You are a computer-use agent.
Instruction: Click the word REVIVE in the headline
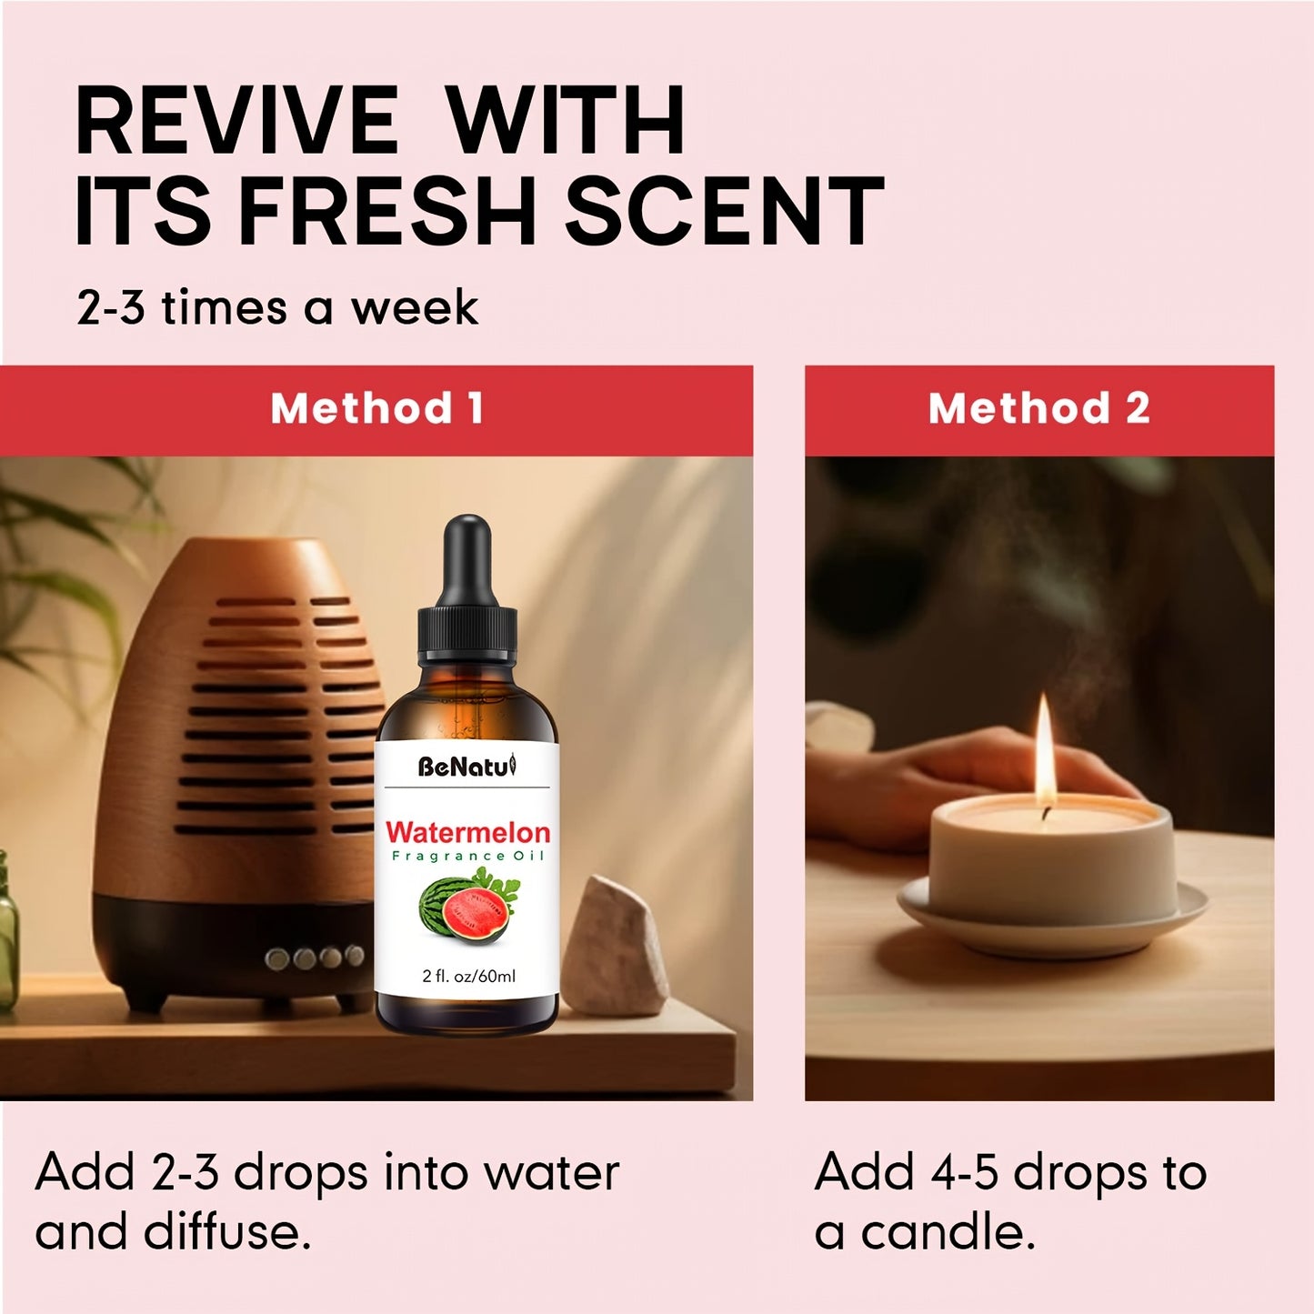point(236,121)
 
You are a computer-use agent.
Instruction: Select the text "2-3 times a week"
point(276,307)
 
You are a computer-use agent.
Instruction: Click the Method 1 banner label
point(376,408)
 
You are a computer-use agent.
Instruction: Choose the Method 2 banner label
point(1038,408)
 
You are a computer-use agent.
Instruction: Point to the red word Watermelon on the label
point(467,832)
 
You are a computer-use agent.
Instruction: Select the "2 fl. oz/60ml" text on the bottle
point(468,977)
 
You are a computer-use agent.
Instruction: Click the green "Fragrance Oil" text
point(467,856)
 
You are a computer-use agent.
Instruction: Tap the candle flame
point(1045,750)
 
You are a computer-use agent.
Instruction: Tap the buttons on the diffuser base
point(315,958)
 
